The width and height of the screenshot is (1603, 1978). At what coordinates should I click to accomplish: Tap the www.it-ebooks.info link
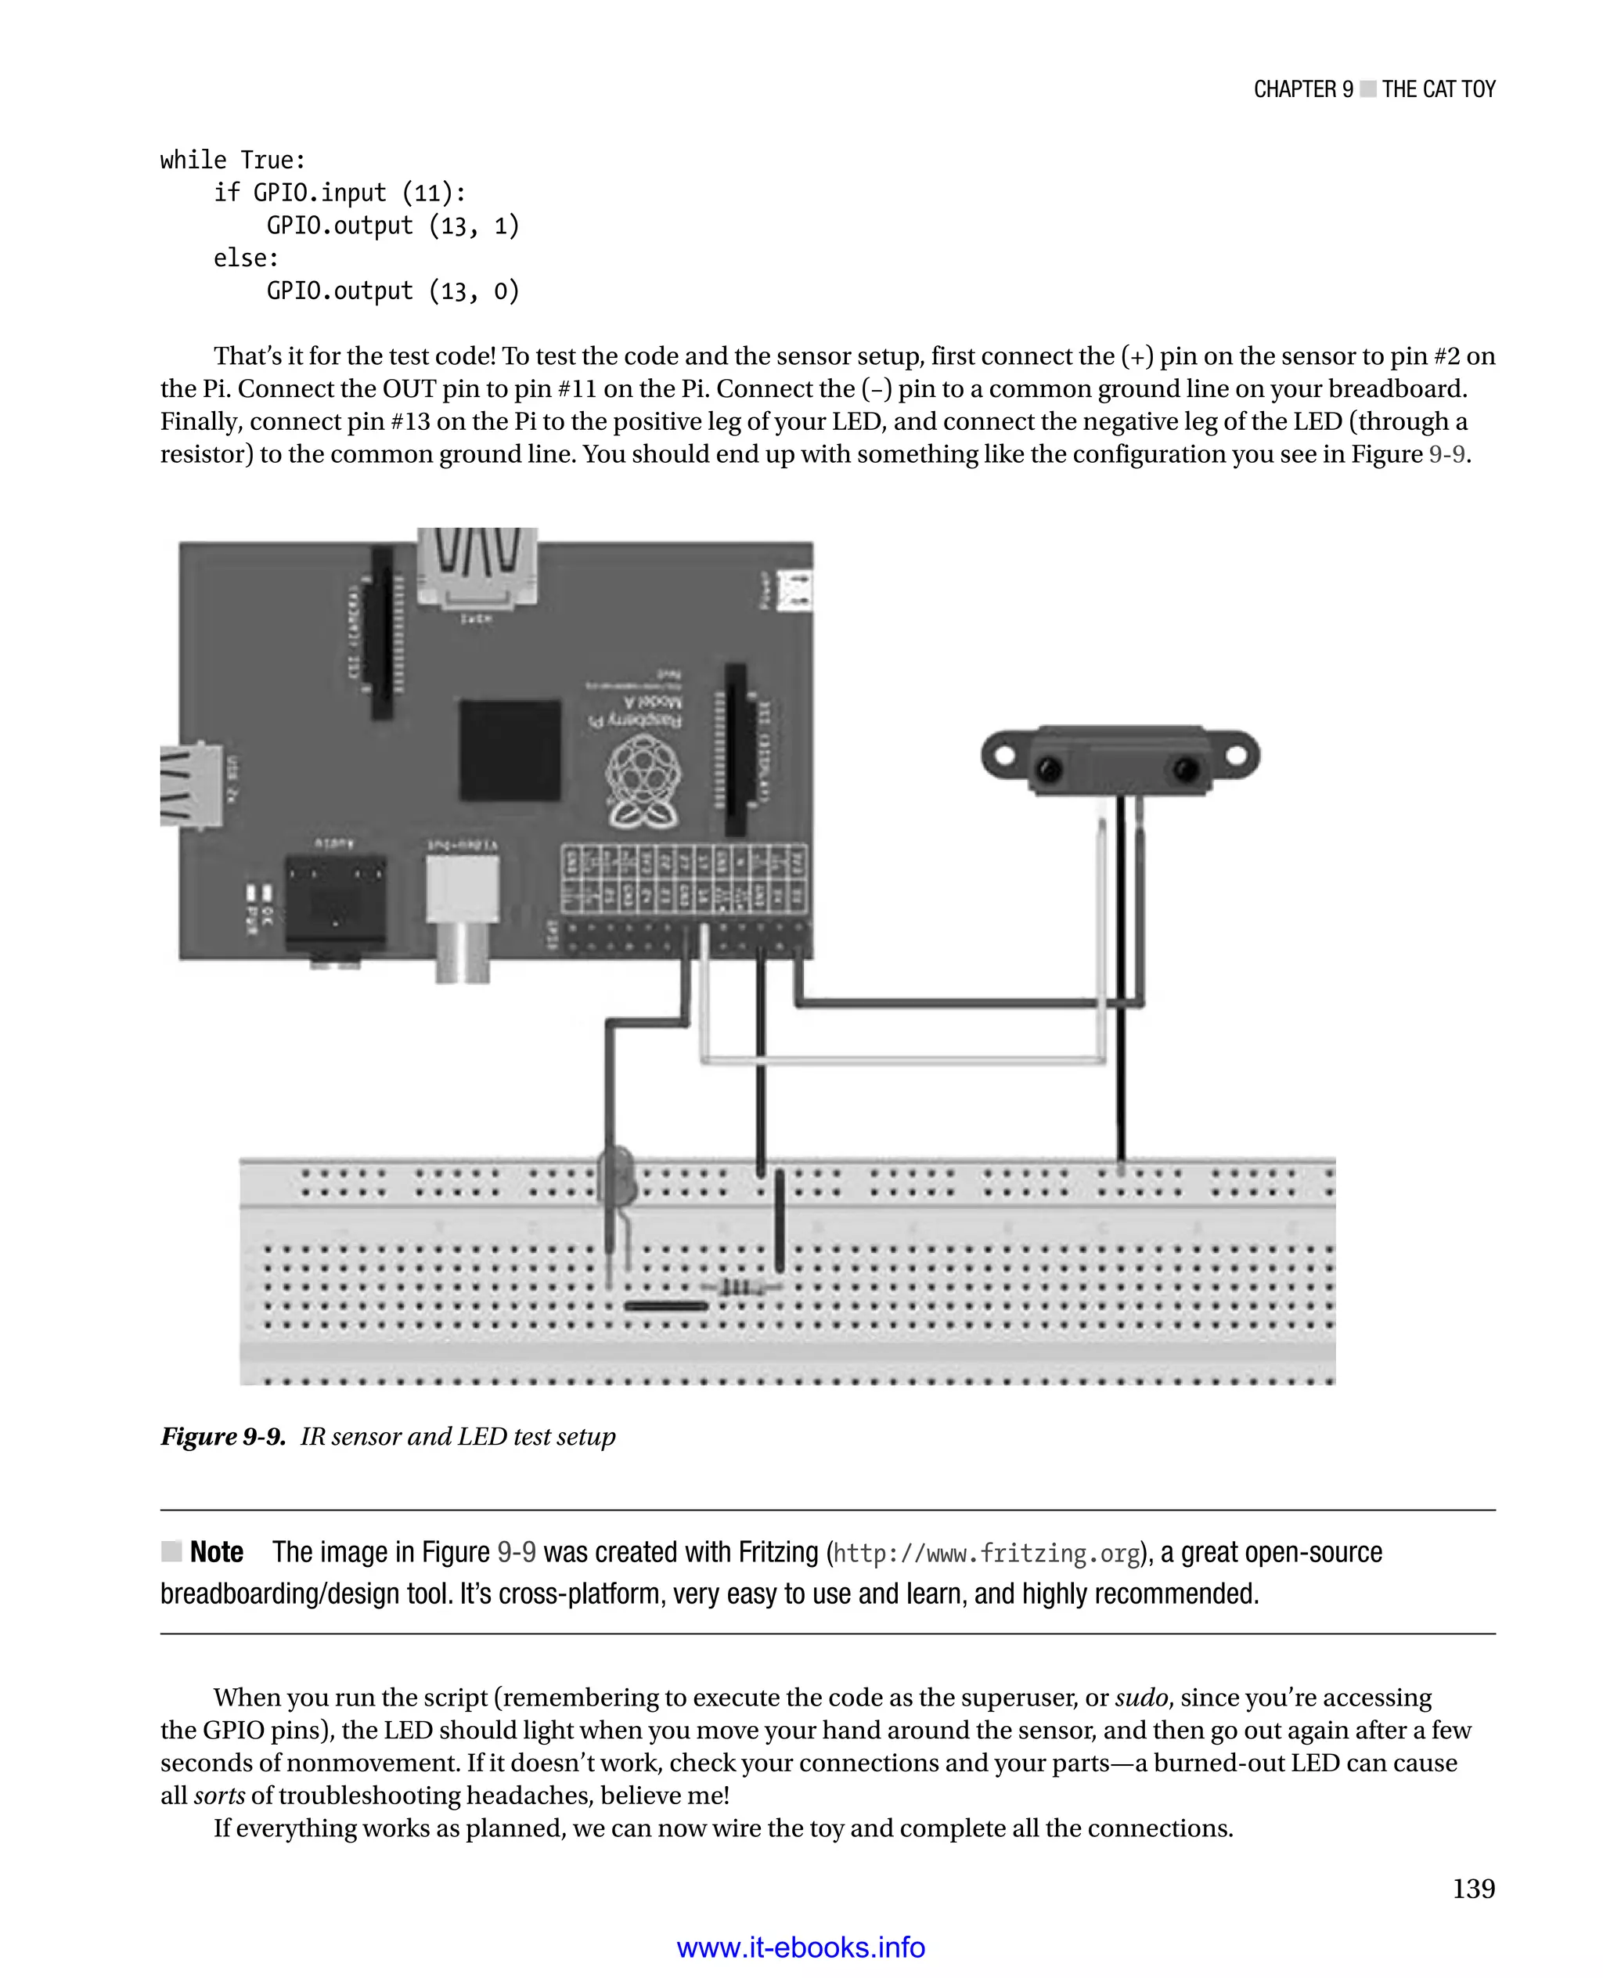[x=801, y=1947]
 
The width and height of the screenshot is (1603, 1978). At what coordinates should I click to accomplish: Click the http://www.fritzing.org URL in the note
[x=986, y=1553]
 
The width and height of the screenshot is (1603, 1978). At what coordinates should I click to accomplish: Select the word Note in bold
[x=216, y=1552]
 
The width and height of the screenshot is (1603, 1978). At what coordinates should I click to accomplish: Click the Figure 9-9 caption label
[x=222, y=1437]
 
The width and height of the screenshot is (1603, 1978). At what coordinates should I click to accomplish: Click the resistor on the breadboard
[x=739, y=1286]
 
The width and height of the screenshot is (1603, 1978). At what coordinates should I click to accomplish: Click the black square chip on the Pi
[x=510, y=750]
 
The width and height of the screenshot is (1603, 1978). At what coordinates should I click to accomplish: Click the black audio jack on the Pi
[x=335, y=901]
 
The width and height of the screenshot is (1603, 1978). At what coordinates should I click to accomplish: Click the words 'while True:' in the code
[x=232, y=160]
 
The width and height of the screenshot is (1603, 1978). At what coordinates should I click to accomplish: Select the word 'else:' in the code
[x=246, y=258]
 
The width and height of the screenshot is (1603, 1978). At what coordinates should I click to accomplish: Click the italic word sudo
[x=1141, y=1698]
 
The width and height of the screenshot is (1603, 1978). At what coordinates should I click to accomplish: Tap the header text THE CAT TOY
[x=1438, y=89]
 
